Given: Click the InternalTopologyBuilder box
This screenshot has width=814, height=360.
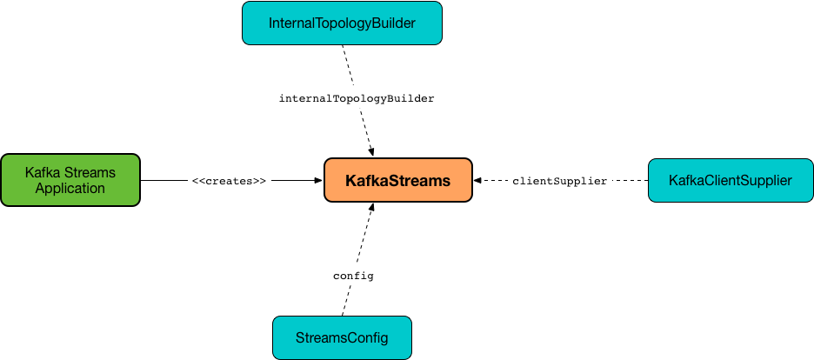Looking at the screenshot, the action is [342, 23].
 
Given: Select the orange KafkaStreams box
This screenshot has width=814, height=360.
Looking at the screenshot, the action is [398, 180].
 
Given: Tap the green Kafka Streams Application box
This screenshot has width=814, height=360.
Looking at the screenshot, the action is [70, 180].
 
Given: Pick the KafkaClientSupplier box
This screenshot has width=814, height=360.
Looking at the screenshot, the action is [731, 180].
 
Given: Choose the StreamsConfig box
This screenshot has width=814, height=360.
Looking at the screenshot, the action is [342, 337].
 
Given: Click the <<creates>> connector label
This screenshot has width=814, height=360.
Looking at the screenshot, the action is [229, 181].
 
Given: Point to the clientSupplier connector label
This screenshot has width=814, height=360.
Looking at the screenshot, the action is [560, 181].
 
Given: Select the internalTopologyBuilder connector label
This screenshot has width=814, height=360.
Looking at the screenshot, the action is [357, 98].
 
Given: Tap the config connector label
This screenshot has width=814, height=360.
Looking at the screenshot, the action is [353, 276].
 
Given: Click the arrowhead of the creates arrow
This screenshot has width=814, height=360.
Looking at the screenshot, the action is [319, 181].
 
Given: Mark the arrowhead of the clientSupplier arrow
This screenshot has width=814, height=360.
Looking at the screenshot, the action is [477, 181].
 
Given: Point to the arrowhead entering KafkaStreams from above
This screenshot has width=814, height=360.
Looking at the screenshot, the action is [370, 152].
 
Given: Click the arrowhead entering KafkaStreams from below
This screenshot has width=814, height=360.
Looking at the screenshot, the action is [370, 208].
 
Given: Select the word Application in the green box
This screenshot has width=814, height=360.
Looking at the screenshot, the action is [70, 188].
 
